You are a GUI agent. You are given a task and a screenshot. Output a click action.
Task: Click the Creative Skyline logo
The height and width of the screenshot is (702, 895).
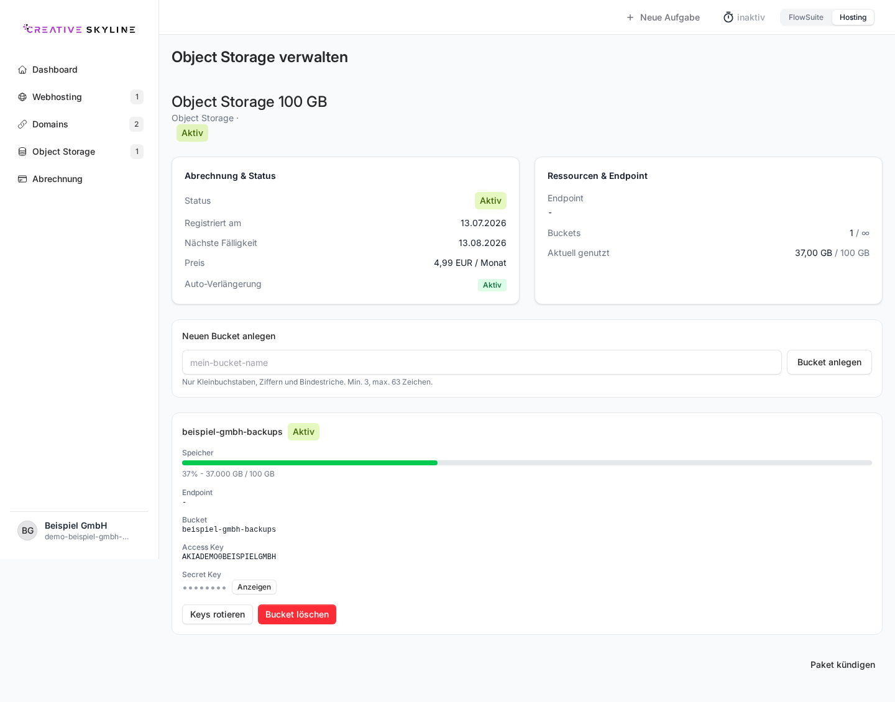click(79, 29)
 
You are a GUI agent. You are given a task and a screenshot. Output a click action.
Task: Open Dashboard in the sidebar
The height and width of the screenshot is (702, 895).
click(55, 70)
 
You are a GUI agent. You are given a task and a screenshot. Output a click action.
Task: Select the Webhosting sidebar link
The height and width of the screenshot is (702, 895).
click(57, 97)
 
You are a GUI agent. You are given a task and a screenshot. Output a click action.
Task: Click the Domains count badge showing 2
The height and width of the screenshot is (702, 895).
click(136, 124)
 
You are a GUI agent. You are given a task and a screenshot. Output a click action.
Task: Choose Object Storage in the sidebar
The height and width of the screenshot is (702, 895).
click(63, 152)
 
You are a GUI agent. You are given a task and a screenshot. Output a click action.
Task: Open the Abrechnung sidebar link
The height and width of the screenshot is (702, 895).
click(57, 179)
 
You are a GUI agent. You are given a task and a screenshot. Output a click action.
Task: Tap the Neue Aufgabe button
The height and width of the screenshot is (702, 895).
click(663, 17)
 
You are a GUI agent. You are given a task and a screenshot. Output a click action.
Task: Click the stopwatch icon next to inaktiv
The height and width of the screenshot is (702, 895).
click(728, 17)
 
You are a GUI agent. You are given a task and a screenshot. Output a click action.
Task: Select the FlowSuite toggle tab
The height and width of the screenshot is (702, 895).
click(805, 17)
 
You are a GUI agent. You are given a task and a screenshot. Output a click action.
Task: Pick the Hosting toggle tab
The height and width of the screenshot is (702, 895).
click(853, 17)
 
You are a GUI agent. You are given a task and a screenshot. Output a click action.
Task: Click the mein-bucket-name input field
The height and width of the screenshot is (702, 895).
click(482, 363)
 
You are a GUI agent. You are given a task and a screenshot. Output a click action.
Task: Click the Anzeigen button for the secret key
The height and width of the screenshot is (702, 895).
click(254, 587)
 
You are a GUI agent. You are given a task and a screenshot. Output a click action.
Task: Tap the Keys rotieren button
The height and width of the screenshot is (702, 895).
click(218, 614)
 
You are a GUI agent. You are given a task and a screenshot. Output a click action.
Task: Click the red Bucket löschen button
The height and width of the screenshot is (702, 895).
click(297, 614)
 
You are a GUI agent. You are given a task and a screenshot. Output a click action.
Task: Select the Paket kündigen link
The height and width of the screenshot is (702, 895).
click(842, 665)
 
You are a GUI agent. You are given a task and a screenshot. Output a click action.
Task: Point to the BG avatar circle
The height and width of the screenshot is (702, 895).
click(27, 531)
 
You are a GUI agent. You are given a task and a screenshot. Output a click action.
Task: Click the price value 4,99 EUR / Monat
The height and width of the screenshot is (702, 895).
click(470, 263)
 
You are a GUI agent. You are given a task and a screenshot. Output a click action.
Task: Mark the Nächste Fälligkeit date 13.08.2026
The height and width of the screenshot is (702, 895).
click(482, 243)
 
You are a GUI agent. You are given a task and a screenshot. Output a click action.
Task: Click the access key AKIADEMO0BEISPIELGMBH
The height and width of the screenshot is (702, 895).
click(229, 557)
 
